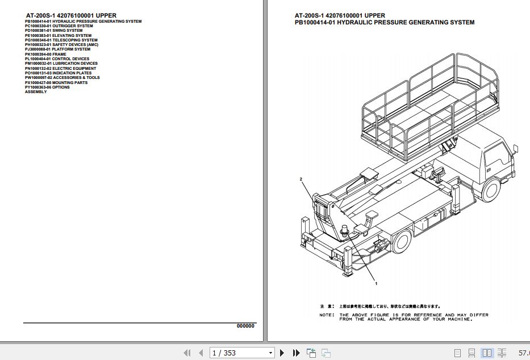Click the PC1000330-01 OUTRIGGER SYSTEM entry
pos(59,26)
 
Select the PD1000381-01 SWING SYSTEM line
pos(53,31)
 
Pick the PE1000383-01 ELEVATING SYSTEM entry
pos(58,35)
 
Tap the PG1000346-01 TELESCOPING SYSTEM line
pos(61,40)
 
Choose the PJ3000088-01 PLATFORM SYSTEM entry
pos(57,49)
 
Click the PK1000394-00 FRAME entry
pos(45,55)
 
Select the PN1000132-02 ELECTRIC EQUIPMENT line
pos(60,69)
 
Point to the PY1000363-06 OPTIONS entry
pos(47,87)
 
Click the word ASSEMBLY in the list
pos(36,92)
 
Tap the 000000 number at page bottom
pos(245,326)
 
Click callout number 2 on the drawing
pos(301,179)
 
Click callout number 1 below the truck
pos(376,282)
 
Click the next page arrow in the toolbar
pos(282,353)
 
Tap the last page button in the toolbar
pos(296,353)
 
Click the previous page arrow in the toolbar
pos(201,353)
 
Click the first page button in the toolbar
pos(187,353)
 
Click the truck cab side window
pos(493,157)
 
